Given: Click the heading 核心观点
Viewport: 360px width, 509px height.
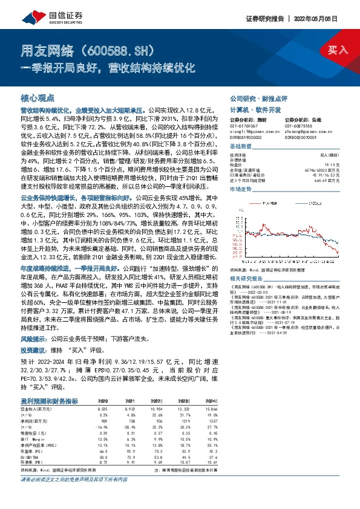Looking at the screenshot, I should point(38,98).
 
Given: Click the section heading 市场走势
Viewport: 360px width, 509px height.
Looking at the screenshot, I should point(240,189).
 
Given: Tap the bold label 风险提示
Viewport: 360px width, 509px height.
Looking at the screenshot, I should point(34,339).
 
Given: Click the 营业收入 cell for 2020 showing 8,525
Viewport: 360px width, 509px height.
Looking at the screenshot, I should point(103,409).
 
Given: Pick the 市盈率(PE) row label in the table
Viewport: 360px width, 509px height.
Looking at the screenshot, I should point(33,450).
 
